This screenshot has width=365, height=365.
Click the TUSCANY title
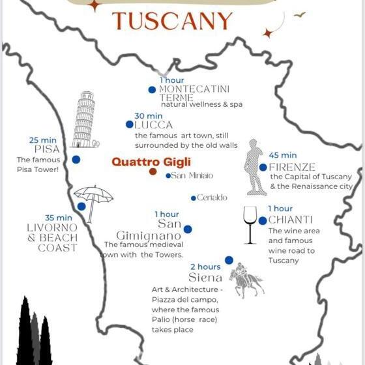(172, 22)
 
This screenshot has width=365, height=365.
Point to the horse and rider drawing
(246, 281)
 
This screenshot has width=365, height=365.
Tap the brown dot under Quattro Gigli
(153, 171)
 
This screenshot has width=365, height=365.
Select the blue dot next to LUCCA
(130, 124)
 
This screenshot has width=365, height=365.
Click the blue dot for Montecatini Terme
(152, 90)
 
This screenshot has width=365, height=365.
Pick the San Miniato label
(192, 176)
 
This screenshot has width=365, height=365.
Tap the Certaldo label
(212, 197)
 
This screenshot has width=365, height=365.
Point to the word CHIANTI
(291, 220)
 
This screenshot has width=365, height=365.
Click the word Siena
(205, 278)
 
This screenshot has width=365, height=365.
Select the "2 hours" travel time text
(205, 267)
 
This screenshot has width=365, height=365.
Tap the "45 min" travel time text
(283, 155)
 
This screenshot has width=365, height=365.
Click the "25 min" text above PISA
(43, 139)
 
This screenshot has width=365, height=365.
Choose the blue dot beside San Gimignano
(188, 229)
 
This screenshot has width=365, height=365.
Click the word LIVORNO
(52, 227)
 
